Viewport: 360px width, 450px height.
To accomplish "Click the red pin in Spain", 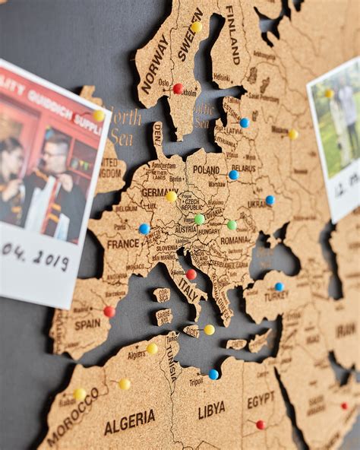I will pyautogui.click(x=109, y=311).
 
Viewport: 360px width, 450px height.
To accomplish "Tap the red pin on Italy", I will pyautogui.click(x=191, y=274).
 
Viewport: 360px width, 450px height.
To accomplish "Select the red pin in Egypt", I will pyautogui.click(x=261, y=424).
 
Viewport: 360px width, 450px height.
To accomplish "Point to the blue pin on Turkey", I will pyautogui.click(x=279, y=287).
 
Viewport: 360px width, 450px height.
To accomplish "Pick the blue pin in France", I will pyautogui.click(x=144, y=228).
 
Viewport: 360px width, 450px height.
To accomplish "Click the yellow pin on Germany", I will pyautogui.click(x=172, y=196).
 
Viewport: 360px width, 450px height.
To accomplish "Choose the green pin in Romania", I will pyautogui.click(x=232, y=225).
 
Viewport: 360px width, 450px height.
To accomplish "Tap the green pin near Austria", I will pyautogui.click(x=199, y=219).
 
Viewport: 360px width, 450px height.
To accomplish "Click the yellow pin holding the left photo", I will pyautogui.click(x=99, y=116).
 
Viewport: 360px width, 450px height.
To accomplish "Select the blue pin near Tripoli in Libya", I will pyautogui.click(x=213, y=374).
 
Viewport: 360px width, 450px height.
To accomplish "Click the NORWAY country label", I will pyautogui.click(x=155, y=64).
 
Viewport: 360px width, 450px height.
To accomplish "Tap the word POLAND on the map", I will pyautogui.click(x=206, y=170).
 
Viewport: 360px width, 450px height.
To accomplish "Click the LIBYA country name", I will pyautogui.click(x=212, y=411).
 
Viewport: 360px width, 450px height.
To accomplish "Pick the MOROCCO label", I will pyautogui.click(x=73, y=417).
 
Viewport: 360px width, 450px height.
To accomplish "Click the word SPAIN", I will pyautogui.click(x=87, y=324).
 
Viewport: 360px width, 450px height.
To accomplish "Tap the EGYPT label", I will pyautogui.click(x=261, y=398).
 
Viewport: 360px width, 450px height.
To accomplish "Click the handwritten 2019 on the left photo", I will pyautogui.click(x=53, y=260).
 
